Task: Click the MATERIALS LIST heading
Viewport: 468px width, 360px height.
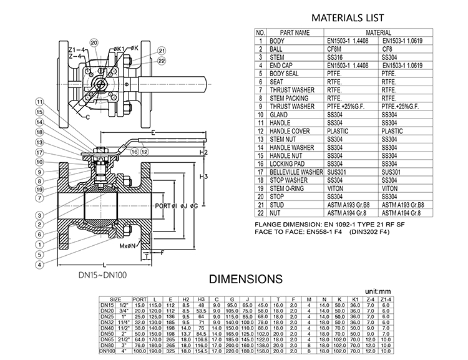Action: point(348,18)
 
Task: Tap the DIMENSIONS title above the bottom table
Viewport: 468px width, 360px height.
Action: point(245,278)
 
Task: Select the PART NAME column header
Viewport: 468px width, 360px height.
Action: point(295,32)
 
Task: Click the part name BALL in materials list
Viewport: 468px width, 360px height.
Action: point(276,49)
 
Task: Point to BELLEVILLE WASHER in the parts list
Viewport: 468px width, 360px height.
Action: point(297,172)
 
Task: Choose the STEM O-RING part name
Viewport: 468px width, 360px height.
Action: point(289,188)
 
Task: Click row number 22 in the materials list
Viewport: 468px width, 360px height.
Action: point(260,213)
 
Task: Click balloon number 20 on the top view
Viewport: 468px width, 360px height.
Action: point(94,42)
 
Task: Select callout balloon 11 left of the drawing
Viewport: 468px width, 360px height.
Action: point(39,102)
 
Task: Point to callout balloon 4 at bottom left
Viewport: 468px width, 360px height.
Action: point(39,264)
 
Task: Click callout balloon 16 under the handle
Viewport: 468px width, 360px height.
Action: point(134,151)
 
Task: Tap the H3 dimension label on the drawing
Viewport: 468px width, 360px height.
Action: point(203,178)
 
